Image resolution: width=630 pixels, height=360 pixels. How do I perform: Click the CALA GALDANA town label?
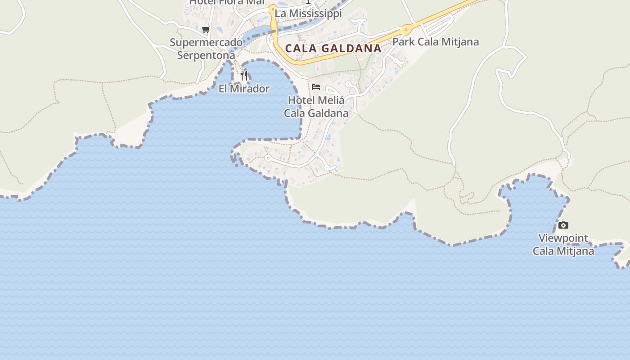point(333,48)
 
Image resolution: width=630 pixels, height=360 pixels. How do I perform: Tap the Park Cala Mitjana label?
point(435,42)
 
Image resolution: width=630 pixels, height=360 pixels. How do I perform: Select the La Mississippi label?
point(308,13)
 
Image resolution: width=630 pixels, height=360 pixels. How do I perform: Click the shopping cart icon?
point(206,30)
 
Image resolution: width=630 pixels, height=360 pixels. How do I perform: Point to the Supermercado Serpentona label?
point(206,49)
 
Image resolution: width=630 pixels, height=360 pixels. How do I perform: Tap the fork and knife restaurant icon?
point(244,75)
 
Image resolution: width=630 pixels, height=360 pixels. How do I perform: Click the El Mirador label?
point(244,89)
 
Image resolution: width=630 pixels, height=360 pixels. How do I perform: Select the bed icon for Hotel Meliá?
point(316,86)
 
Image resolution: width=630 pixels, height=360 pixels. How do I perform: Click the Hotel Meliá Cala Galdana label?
point(316,107)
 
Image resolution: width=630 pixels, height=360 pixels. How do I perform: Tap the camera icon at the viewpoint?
point(563,225)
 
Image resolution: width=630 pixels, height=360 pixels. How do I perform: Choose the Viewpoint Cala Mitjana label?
point(563,244)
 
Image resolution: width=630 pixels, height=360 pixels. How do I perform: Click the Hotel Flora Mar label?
point(227,2)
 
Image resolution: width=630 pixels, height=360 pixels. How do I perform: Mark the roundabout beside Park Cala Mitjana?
point(406,30)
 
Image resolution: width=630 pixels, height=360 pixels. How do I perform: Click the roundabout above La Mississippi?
point(272,8)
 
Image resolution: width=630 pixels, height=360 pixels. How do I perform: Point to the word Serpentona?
point(206,55)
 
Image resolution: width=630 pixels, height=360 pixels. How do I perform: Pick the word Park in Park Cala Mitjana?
point(403,42)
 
